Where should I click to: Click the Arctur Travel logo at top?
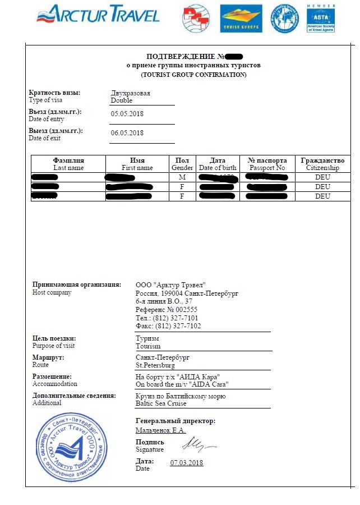coord(98,14)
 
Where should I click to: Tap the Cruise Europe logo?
coord(240,18)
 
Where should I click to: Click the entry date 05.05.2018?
coord(127,114)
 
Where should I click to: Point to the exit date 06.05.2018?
coord(127,133)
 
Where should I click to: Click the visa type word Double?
coord(122,100)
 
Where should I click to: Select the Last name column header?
coord(68,168)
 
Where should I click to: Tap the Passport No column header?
coord(267,168)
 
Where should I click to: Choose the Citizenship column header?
coord(322,168)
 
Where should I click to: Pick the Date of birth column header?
coord(218,168)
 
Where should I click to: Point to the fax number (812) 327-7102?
coord(176,325)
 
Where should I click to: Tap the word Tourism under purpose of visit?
coord(148,346)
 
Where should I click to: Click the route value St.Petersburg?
coord(155,365)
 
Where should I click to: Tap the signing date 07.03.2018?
coord(186,463)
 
